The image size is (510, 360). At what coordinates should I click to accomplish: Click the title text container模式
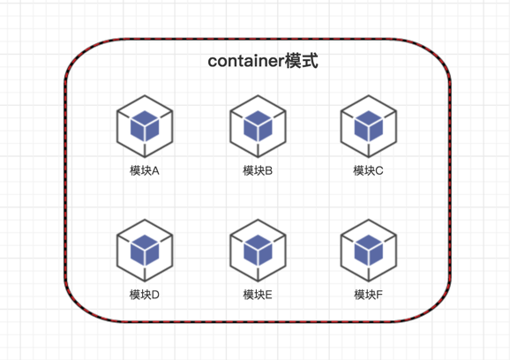click(x=263, y=61)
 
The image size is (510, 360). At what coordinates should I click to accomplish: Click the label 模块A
click(x=145, y=170)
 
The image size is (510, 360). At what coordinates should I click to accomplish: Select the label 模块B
click(x=258, y=170)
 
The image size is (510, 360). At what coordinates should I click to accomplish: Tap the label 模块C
click(x=368, y=170)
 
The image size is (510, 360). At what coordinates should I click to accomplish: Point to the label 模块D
click(x=145, y=295)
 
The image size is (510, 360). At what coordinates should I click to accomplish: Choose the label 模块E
click(x=258, y=295)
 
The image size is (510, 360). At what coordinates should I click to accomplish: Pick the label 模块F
click(x=368, y=295)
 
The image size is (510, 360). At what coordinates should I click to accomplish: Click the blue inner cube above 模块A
click(x=145, y=126)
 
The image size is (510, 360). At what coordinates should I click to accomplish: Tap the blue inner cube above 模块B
click(x=258, y=126)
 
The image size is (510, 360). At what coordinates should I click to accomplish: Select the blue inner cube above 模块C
click(x=369, y=126)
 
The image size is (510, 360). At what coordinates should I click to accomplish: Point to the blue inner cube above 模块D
click(x=145, y=251)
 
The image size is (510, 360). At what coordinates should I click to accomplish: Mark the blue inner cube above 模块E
click(x=258, y=251)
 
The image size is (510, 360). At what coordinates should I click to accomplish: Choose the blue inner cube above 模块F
click(x=369, y=251)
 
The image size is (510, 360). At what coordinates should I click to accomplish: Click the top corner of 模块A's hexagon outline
click(x=145, y=95)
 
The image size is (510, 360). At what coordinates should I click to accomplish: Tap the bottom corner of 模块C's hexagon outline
click(x=369, y=157)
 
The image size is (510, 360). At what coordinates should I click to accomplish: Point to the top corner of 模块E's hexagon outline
click(x=258, y=220)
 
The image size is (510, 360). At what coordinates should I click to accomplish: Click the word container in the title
click(x=246, y=61)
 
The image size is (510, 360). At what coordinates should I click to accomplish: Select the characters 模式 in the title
click(x=302, y=61)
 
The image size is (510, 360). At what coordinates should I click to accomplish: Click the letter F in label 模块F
click(x=379, y=295)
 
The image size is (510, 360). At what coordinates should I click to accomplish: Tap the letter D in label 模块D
click(x=155, y=295)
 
